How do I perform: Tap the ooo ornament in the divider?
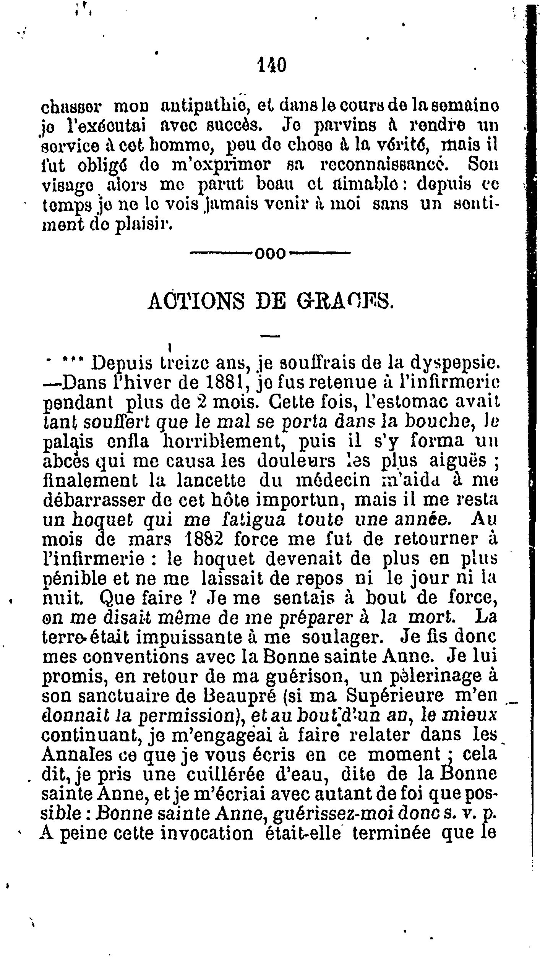[270, 253]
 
